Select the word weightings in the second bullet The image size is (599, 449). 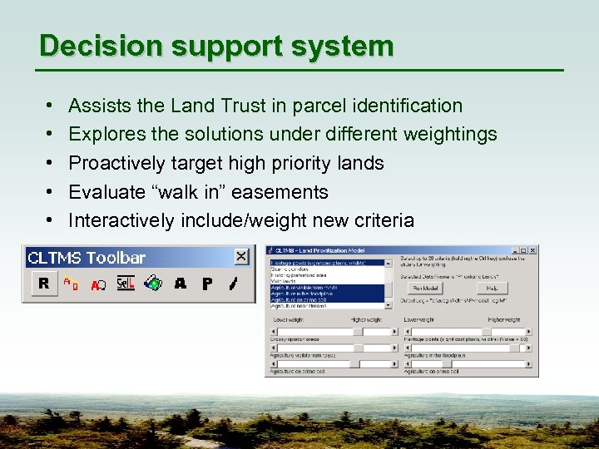click(450, 134)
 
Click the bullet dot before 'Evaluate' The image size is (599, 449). click(49, 192)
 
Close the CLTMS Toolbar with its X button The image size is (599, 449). click(241, 257)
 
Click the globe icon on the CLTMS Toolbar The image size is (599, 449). click(152, 284)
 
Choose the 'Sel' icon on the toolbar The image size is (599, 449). click(125, 284)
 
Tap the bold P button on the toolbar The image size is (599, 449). click(207, 284)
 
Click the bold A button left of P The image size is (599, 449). click(181, 284)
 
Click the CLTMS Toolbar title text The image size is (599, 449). click(87, 258)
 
